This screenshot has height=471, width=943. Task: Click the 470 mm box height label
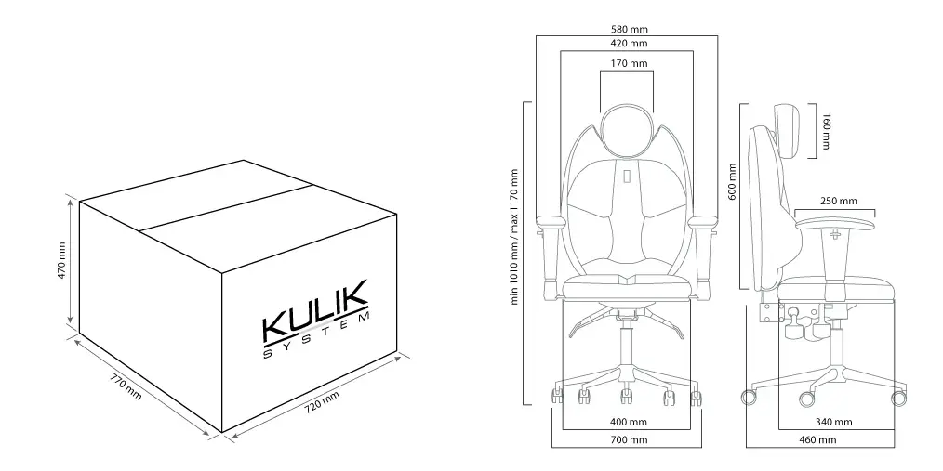pos(62,261)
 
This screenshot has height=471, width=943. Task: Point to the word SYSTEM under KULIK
pos(316,336)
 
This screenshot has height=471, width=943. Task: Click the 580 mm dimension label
pos(629,29)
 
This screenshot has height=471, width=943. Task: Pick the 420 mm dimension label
pos(629,44)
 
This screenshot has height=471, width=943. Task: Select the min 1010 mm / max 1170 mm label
pos(514,237)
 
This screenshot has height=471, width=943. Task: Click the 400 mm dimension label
pos(629,423)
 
